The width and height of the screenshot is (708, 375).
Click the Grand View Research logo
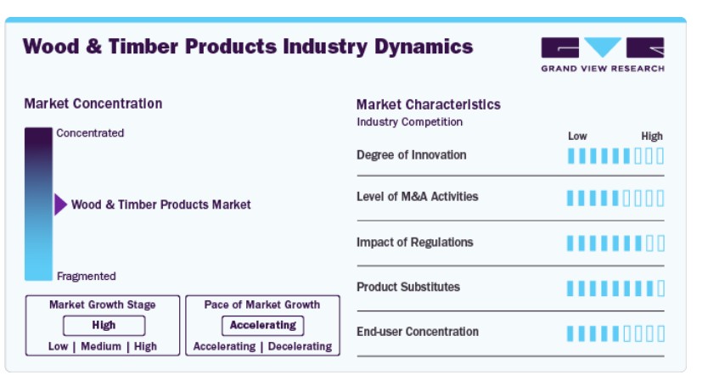[603, 54]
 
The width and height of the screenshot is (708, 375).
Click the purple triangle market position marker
[60, 204]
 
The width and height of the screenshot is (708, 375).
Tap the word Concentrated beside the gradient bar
[90, 133]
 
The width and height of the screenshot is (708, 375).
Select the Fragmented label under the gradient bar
[87, 277]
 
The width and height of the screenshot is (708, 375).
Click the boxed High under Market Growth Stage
[104, 325]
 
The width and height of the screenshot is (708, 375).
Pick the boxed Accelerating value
[263, 325]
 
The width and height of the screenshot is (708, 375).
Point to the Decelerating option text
[301, 346]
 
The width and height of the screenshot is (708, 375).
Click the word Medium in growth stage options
[101, 346]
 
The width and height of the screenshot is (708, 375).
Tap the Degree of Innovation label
[412, 155]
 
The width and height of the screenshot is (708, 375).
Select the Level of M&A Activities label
[417, 197]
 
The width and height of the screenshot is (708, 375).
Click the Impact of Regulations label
[415, 243]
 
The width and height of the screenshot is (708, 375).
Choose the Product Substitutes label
[408, 287]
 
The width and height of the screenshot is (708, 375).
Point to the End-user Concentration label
[418, 332]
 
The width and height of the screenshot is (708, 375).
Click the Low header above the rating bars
[577, 137]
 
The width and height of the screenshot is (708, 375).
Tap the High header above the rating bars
[652, 137]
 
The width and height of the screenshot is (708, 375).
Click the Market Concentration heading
[93, 104]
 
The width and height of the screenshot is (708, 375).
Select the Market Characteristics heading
[429, 104]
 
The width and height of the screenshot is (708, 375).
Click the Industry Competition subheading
[409, 122]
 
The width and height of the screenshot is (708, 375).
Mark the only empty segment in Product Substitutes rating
[660, 288]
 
